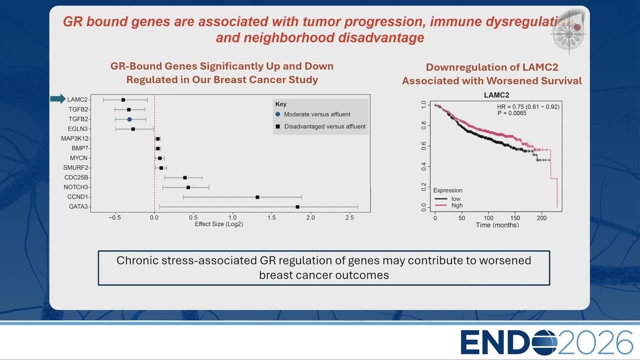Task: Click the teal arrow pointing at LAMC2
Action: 57,99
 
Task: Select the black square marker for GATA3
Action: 297,207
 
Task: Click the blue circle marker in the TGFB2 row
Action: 129,119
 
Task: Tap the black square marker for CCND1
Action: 257,197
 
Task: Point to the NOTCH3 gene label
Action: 75,187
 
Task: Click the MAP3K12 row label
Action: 74,138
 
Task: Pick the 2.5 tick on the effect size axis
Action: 349,217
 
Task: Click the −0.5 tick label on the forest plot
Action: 115,217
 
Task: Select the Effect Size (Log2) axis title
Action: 219,224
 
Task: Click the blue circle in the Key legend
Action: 277,114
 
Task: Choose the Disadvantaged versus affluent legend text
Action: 325,126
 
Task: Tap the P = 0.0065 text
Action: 511,113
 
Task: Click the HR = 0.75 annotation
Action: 528,106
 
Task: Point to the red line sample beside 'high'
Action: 440,205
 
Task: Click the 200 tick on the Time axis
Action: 541,218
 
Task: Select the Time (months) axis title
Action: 497,225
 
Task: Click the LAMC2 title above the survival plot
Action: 496,95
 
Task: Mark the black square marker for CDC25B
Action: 185,177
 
